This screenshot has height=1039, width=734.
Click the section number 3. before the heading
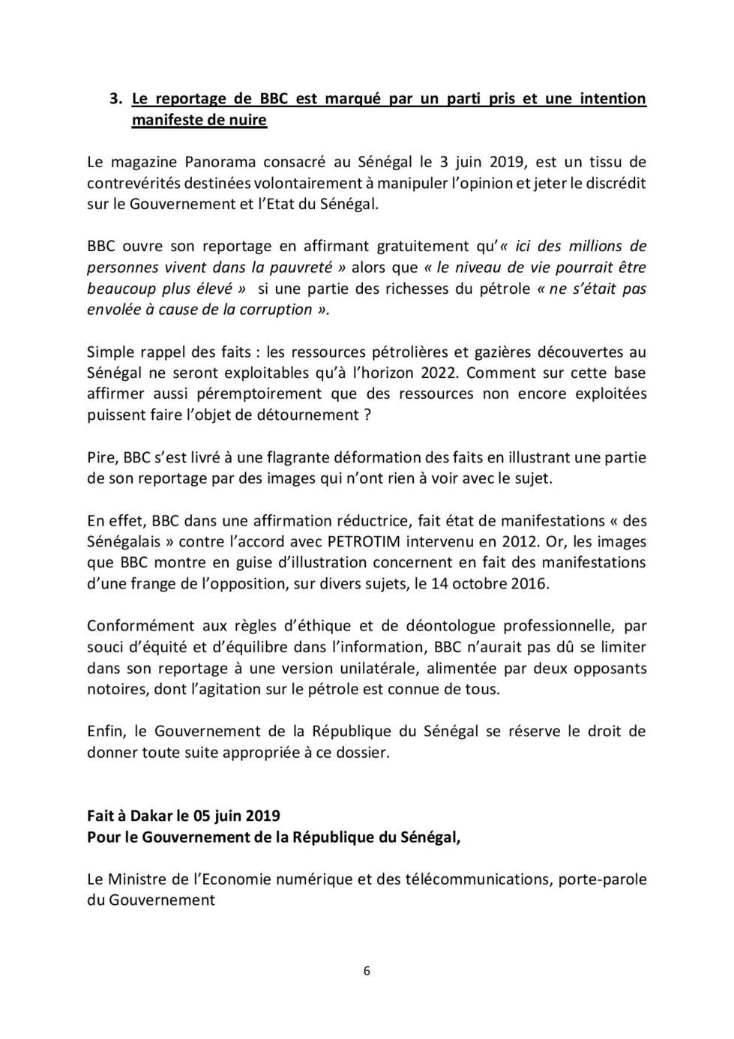pyautogui.click(x=115, y=99)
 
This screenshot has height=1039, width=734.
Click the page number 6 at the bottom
pyautogui.click(x=367, y=971)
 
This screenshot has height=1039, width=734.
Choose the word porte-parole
pyautogui.click(x=603, y=879)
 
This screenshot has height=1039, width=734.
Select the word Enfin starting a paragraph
pyautogui.click(x=107, y=731)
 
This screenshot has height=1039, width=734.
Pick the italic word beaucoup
pyautogui.click(x=121, y=289)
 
